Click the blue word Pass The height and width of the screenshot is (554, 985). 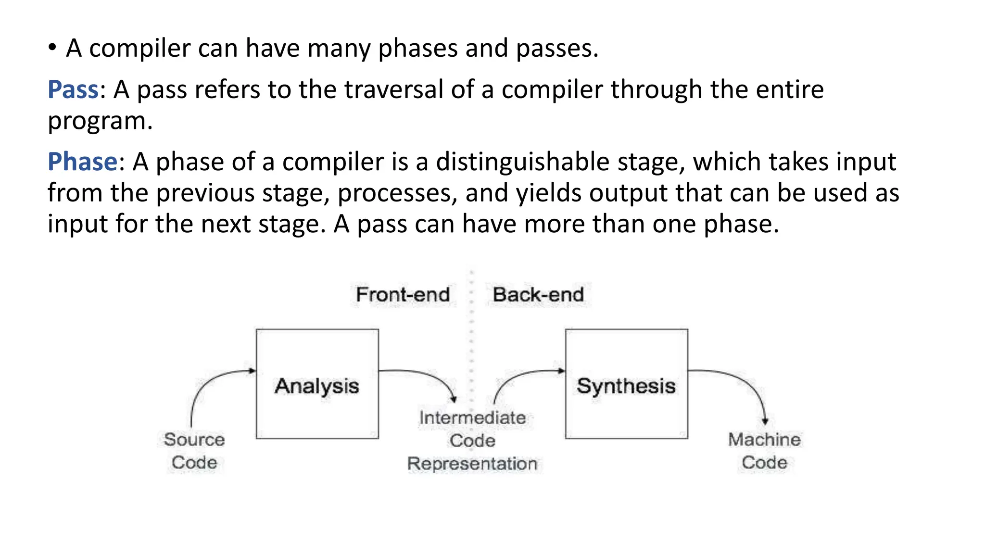coord(73,89)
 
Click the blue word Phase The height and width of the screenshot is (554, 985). coord(82,162)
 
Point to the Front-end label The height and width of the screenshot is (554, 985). coord(403,294)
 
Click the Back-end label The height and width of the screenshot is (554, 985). coord(538,294)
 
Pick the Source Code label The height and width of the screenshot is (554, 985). coord(194,451)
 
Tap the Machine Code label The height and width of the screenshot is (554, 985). coord(764,451)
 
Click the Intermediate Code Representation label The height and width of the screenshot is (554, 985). coord(472,441)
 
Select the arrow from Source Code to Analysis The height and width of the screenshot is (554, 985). coord(207,385)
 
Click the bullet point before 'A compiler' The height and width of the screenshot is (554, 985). coord(52,48)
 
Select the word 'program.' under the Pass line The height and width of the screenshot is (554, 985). coord(100,121)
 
